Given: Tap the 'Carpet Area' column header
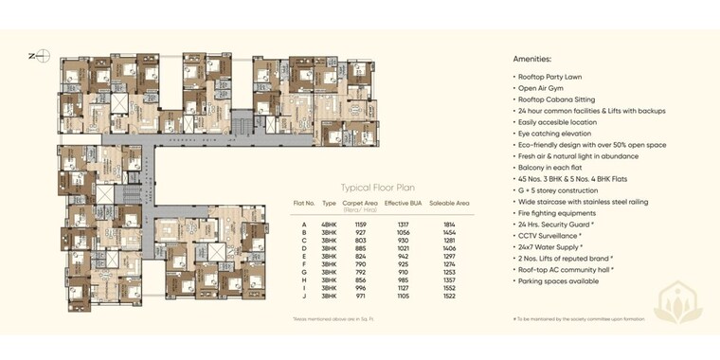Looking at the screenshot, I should click(360, 204).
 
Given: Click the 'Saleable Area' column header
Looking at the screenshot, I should click(449, 204).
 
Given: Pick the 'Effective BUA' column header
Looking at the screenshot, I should click(403, 204).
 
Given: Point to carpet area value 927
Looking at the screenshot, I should click(360, 232).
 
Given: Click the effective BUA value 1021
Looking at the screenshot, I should click(403, 248).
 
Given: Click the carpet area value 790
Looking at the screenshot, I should click(360, 264).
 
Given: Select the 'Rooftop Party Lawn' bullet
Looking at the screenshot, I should click(550, 76).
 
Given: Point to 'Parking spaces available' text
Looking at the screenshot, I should click(558, 280).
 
